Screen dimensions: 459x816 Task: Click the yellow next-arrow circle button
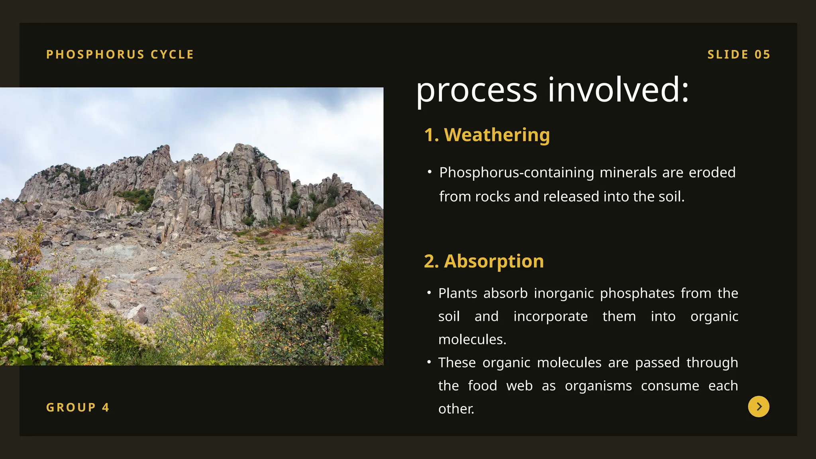pyautogui.click(x=759, y=406)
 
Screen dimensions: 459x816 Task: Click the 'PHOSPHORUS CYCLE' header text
pyautogui.click(x=120, y=54)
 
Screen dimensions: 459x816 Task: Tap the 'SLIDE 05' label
pyautogui.click(x=739, y=54)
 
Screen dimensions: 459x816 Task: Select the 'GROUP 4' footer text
pyautogui.click(x=78, y=407)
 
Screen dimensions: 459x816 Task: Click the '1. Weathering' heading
pyautogui.click(x=487, y=135)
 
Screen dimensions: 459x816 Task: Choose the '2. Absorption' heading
pyautogui.click(x=484, y=261)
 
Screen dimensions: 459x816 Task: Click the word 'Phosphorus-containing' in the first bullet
pyautogui.click(x=516, y=173)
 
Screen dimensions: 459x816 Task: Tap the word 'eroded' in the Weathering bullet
pyautogui.click(x=712, y=173)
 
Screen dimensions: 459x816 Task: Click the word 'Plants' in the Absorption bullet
pyautogui.click(x=457, y=293)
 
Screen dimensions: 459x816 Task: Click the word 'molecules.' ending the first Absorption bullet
pyautogui.click(x=472, y=339)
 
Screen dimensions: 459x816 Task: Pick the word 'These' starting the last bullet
pyautogui.click(x=457, y=363)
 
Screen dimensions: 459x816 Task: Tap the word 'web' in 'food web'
pyautogui.click(x=519, y=386)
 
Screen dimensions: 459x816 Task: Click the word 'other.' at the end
pyautogui.click(x=456, y=409)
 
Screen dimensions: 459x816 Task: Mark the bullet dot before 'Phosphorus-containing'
pyautogui.click(x=430, y=172)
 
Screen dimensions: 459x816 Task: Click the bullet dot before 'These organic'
pyautogui.click(x=429, y=362)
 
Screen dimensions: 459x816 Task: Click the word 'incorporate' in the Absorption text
pyautogui.click(x=550, y=316)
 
